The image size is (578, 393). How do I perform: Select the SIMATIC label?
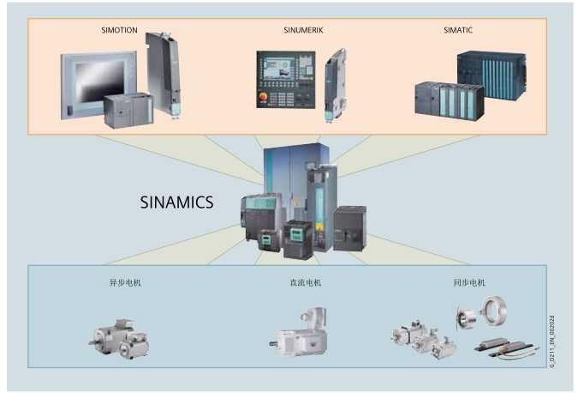[458, 30]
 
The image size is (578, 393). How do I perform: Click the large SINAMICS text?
[176, 203]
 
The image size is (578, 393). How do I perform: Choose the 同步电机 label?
[469, 282]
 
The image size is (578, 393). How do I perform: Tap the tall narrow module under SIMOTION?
[164, 73]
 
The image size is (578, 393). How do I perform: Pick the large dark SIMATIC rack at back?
[486, 77]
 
